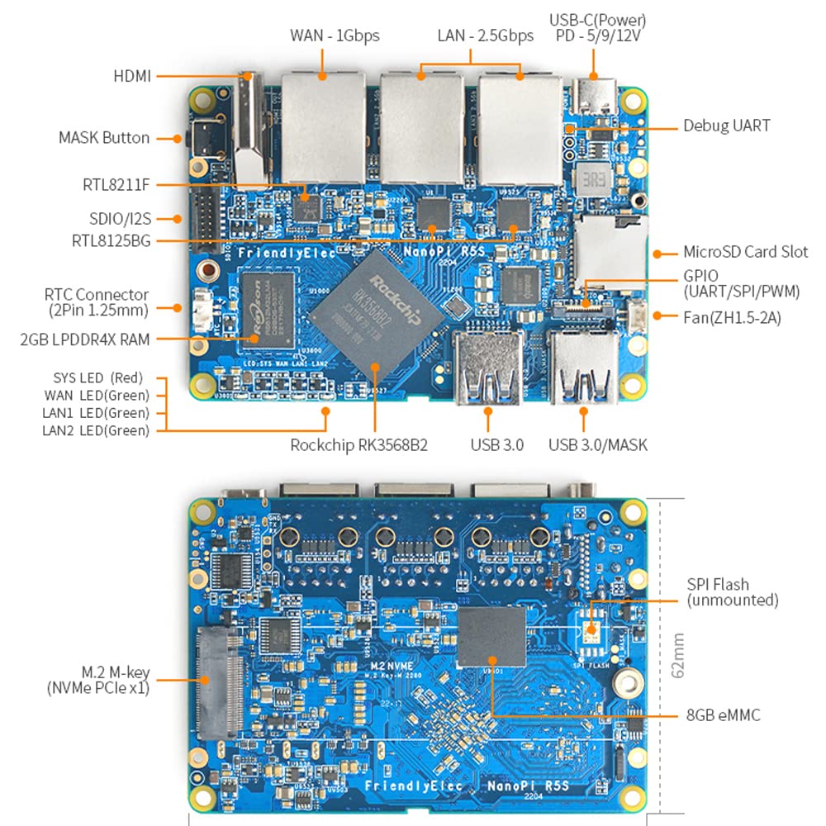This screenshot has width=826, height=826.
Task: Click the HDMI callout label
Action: (x=132, y=76)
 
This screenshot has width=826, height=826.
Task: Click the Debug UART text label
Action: (x=726, y=126)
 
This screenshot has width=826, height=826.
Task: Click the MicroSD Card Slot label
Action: (x=745, y=252)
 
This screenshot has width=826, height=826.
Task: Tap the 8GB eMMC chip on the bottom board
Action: (x=492, y=636)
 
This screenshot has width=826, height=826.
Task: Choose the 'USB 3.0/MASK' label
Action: (x=598, y=445)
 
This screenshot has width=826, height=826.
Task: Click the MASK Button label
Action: (x=104, y=138)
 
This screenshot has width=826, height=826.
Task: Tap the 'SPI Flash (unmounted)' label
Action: (x=732, y=592)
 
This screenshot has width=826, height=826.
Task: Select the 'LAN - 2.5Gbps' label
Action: (x=485, y=36)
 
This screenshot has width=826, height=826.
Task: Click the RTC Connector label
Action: (x=96, y=302)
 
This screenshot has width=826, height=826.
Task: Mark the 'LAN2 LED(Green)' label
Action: (x=96, y=430)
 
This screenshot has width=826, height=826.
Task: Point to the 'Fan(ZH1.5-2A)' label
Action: (x=733, y=316)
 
